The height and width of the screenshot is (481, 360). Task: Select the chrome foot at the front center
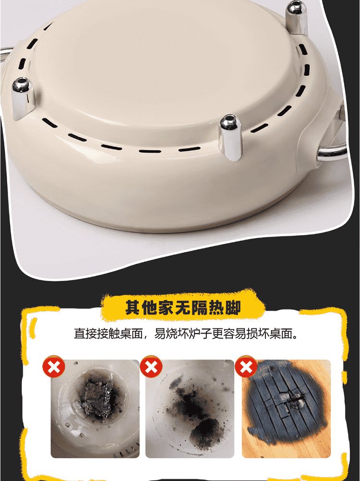tap(231, 137)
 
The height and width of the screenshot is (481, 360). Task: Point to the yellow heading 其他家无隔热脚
tap(183, 307)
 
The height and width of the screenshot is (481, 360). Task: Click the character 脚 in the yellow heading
tap(233, 307)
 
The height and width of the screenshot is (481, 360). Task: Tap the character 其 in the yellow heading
tap(133, 307)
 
